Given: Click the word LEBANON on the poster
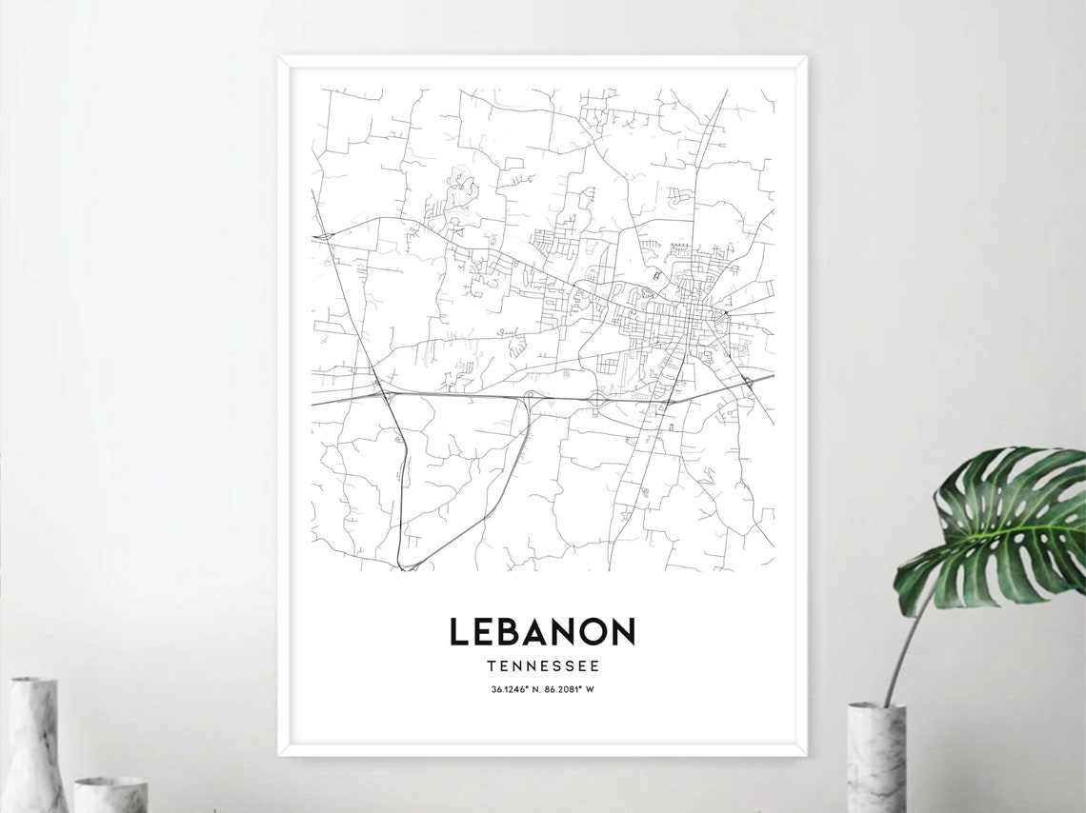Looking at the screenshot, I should coord(542,631).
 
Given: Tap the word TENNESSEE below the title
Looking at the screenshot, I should coord(542,666).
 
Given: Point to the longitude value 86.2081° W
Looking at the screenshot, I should coord(577,690).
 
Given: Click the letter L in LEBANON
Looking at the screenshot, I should coord(459,631).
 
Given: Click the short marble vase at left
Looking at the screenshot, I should coord(111,794).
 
